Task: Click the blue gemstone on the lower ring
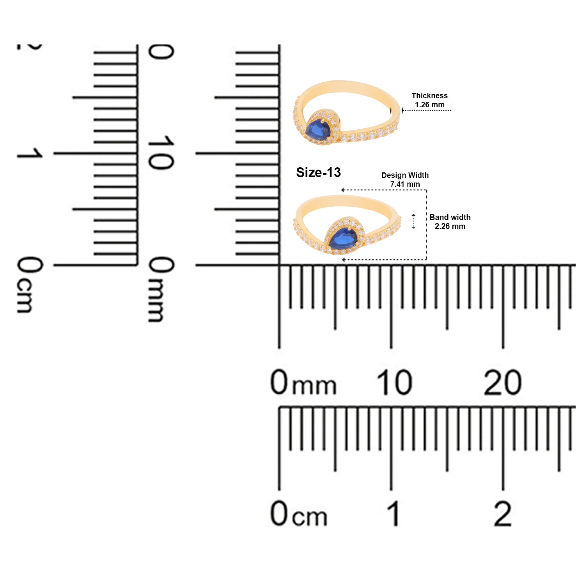(x=343, y=238)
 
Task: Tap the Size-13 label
(x=318, y=172)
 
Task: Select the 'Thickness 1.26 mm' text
(x=429, y=100)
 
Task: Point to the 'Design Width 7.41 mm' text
(x=405, y=180)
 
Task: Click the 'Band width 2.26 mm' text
(x=450, y=222)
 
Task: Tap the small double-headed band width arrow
(x=414, y=222)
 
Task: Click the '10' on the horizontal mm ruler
(x=394, y=382)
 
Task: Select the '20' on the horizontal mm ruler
(x=503, y=383)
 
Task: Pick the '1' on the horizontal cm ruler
(x=394, y=514)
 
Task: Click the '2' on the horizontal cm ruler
(x=502, y=513)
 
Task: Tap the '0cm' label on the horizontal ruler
(x=299, y=514)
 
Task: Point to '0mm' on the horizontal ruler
(x=303, y=382)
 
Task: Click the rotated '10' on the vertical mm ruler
(x=160, y=153)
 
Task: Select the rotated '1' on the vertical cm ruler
(x=29, y=153)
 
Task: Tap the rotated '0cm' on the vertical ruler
(x=30, y=285)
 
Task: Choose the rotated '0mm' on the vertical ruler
(x=161, y=289)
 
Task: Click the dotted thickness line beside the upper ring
(x=426, y=110)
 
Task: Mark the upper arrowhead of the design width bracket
(x=342, y=190)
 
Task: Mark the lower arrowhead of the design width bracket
(x=343, y=259)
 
